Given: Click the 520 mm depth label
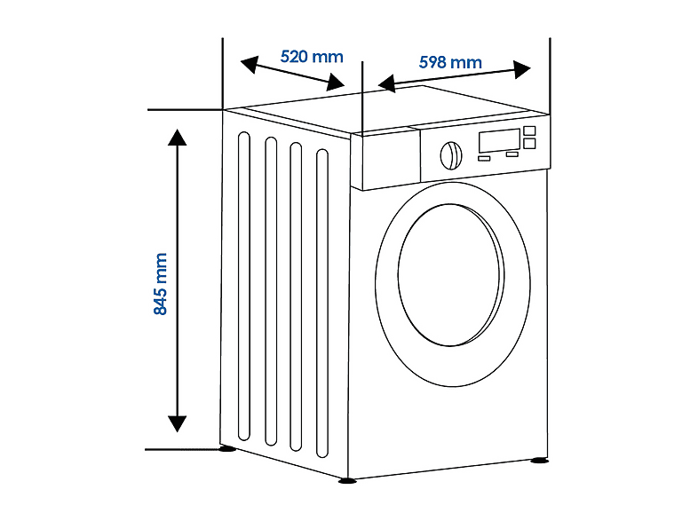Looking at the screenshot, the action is pos(312,57).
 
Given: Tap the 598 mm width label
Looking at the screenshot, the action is pos(450,62).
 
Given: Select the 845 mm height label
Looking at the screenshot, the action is pos(160,284).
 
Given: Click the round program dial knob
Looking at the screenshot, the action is pos(450,155).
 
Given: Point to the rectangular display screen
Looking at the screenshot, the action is pos(499,140).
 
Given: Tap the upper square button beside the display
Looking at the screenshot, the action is pos(529,130).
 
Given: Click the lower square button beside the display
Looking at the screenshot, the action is pos(529,143).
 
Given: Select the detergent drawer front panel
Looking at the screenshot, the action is pos(385,158).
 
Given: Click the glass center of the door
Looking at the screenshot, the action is pos(449,275).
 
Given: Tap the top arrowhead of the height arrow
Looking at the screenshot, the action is pos(178,137).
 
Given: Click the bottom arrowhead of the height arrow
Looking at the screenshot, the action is pos(178,424).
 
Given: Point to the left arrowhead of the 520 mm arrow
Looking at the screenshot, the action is pos(250,64).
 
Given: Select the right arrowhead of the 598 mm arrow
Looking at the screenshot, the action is pos(521,69).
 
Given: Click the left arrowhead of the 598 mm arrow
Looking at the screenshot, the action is pos(387,83).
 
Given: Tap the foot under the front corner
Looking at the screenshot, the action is pos(346,480).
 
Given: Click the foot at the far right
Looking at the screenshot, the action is pos(539,460).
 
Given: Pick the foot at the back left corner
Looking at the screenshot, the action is pos(227,448).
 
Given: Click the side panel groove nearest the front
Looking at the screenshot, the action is pos(322,304).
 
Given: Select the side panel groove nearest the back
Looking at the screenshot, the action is pos(244,286).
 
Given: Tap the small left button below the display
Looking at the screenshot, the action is pos(484,158).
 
